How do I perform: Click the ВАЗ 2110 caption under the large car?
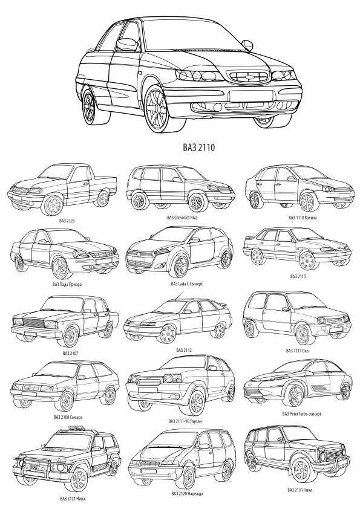pos(198,148)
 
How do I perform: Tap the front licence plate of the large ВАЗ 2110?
pos(250,96)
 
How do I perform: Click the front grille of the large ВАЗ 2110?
pos(249,77)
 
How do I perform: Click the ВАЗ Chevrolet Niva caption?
pos(182,218)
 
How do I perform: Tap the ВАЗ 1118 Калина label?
pos(302,218)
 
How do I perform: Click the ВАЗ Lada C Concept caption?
pos(186,284)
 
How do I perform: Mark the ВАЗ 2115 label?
pos(298,277)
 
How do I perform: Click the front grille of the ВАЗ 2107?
pos(32,322)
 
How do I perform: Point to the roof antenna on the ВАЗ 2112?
pos(180,295)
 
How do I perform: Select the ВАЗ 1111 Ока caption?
pos(297,351)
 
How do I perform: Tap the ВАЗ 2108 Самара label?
pos(67,417)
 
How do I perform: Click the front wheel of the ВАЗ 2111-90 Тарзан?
pos(197,402)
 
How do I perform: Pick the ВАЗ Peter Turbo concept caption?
pos(301,414)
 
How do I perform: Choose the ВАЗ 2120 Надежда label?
pos(187,494)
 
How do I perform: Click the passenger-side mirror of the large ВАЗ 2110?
pos(247,45)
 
